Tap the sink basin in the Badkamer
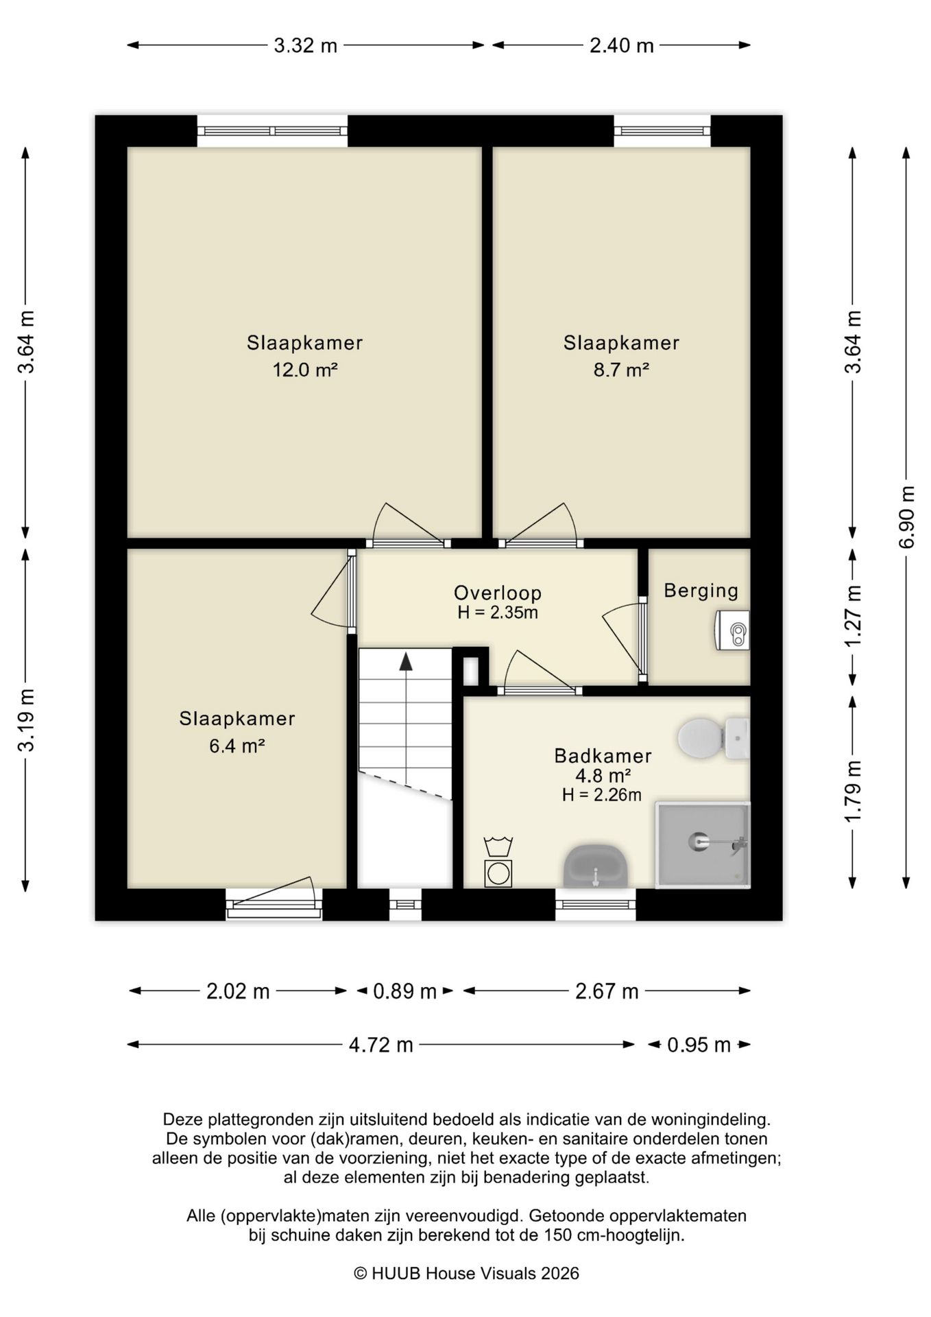click(596, 866)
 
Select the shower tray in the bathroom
click(703, 844)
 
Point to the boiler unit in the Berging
click(732, 630)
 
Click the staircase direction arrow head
click(406, 661)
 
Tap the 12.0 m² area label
click(305, 370)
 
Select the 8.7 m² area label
click(621, 370)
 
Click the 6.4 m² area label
click(237, 746)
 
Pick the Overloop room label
click(498, 593)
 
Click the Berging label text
click(701, 591)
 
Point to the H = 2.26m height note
click(602, 795)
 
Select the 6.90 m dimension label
click(907, 517)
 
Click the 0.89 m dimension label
click(404, 991)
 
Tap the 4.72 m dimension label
click(381, 1045)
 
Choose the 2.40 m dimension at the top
click(622, 46)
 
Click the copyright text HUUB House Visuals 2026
click(466, 1274)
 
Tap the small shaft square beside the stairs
click(471, 671)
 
